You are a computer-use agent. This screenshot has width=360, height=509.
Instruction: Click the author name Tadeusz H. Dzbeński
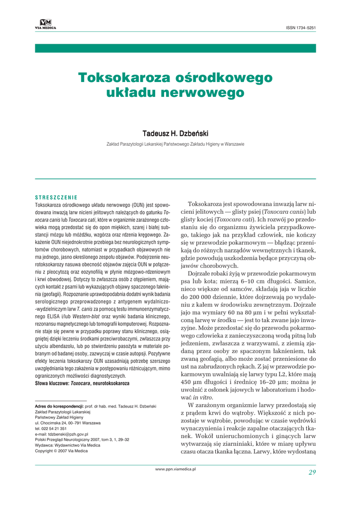[x=176, y=134]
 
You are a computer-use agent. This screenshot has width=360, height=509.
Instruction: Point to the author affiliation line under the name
[x=176, y=144]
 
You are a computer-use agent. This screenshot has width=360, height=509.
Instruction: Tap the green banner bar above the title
[x=176, y=48]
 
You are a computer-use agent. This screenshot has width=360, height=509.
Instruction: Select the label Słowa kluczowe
[x=52, y=370]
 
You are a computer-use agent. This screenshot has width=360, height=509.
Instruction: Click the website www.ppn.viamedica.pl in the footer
[x=176, y=469]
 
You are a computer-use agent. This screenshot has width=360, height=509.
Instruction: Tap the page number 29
[x=312, y=472]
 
